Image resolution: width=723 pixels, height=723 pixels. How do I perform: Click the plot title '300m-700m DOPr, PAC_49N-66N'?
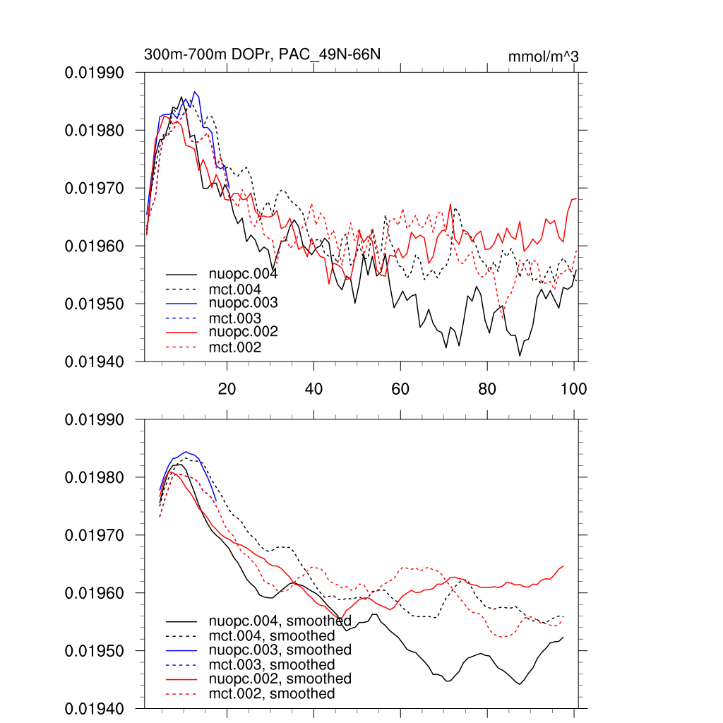tap(263, 54)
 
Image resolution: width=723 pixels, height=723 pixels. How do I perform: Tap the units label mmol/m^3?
tap(543, 56)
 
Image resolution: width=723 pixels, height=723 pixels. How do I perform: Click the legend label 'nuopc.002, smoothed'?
tap(280, 679)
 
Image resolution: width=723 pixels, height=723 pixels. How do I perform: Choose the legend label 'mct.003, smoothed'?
tap(271, 664)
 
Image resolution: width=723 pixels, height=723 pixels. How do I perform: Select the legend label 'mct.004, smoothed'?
tap(271, 636)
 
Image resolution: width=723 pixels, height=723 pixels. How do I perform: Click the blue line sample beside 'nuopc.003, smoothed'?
tap(181, 650)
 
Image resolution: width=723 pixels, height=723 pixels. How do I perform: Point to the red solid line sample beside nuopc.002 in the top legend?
tap(181, 332)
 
